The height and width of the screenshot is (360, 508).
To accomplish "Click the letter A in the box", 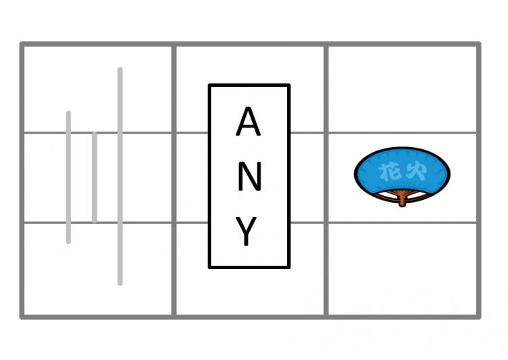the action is point(248,121).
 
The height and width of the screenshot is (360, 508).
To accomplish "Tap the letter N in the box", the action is point(249,176).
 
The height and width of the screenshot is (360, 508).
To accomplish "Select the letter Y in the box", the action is point(247,231).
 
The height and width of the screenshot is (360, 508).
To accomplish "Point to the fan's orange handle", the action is point(402,199).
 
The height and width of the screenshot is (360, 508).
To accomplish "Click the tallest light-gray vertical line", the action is point(120,176).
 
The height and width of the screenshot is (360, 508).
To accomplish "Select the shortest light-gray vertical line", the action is point(94,178).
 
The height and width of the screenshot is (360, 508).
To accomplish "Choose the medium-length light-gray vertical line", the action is point(68,178).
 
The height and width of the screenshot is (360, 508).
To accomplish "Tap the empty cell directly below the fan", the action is point(402,269).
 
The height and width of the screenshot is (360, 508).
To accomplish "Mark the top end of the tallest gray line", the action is point(120,68).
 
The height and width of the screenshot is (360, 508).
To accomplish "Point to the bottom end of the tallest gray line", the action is point(120,285).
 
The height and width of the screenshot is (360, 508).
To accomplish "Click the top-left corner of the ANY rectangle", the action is point(209,85).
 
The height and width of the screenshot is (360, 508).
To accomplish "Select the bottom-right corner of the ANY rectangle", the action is point(289,267).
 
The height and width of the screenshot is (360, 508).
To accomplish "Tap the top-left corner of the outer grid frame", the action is point(22,44).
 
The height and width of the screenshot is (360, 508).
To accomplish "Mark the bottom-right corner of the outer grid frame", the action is point(479,317).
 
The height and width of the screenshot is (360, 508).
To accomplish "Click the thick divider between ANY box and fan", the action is point(326,180).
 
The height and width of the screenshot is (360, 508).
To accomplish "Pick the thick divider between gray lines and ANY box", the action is point(174,180).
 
